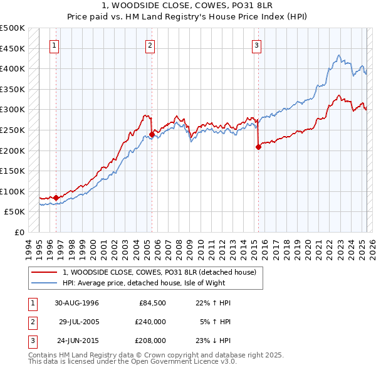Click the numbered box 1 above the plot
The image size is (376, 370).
pyautogui.click(x=55, y=45)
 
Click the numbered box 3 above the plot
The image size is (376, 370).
pyautogui.click(x=258, y=45)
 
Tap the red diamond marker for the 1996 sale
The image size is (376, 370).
pyautogui.click(x=56, y=198)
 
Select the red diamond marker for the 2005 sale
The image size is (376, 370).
pyautogui.click(x=152, y=134)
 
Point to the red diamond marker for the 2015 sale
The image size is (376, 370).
pyautogui.click(x=258, y=147)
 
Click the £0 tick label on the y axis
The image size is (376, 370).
pyautogui.click(x=19, y=232)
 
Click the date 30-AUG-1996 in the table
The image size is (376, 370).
pyautogui.click(x=76, y=303)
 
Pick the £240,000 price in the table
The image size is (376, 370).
pyautogui.click(x=151, y=322)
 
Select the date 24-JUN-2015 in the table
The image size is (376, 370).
pyautogui.click(x=76, y=341)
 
